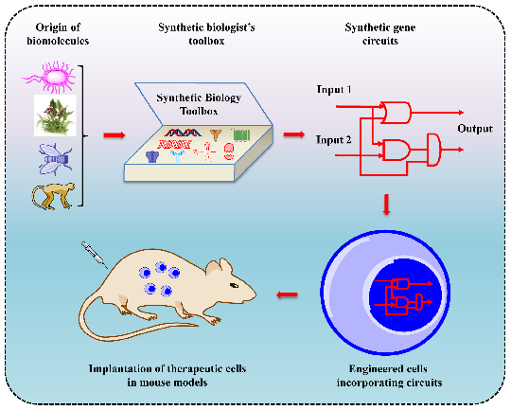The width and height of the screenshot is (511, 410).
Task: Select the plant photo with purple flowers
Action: coord(55,116)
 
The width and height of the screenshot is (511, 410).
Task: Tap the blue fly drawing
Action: coord(55,159)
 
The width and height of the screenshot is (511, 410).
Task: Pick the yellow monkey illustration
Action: coord(53,196)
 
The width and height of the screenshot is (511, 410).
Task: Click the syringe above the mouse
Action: coord(95,255)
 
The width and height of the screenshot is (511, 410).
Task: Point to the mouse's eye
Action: coord(235,285)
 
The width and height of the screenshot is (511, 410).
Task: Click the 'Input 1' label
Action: coord(334,89)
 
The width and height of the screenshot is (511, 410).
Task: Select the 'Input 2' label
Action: coord(334,140)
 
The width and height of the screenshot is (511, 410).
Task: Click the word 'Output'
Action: coord(475,129)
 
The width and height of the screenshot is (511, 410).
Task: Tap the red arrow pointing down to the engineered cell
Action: coord(386,205)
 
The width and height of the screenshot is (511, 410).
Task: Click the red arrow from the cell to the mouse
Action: coord(287,294)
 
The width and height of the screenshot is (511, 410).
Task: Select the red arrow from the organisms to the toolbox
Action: coord(115,135)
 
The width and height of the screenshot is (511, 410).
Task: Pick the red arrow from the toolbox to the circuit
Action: coord(294,134)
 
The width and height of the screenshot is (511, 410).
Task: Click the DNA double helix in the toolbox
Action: coord(183,133)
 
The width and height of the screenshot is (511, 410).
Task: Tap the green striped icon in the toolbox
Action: coord(241,134)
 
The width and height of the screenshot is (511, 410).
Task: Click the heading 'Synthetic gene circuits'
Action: coord(380,34)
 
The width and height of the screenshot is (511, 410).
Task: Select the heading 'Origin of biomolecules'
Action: coord(58,34)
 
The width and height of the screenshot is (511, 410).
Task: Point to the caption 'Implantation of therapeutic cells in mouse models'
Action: coord(167,375)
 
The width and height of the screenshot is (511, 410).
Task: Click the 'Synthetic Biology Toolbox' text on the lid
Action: coord(199,104)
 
